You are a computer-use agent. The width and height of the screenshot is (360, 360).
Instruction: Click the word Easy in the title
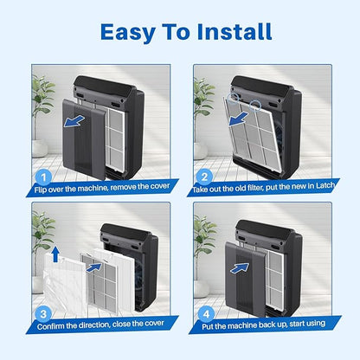(127, 32)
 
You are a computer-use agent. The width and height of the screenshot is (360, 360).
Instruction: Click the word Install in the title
(235, 31)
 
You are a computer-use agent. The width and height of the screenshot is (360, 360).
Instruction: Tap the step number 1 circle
(43, 177)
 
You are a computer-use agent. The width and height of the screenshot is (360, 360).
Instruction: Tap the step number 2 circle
(204, 177)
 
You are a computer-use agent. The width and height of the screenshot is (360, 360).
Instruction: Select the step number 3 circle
(43, 314)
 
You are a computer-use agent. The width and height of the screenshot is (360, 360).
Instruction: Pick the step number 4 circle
(207, 314)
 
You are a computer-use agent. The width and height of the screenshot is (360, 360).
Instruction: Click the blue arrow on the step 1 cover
(74, 121)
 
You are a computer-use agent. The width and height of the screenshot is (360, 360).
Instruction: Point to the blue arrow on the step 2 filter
(239, 119)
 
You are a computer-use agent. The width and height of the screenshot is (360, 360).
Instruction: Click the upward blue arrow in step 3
(55, 254)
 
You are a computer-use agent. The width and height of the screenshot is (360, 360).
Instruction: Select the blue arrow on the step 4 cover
(240, 268)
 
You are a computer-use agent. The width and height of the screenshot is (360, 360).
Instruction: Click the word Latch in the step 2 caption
(325, 185)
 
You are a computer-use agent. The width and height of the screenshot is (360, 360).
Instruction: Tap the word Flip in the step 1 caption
(40, 190)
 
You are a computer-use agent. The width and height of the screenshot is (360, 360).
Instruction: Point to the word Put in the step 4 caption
(208, 326)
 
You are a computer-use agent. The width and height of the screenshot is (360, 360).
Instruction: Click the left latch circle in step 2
(233, 98)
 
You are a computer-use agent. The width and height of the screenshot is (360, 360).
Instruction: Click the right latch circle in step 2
(255, 106)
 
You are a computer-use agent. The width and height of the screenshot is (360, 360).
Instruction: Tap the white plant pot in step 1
(39, 148)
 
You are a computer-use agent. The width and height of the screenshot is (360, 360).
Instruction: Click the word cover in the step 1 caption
(160, 186)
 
